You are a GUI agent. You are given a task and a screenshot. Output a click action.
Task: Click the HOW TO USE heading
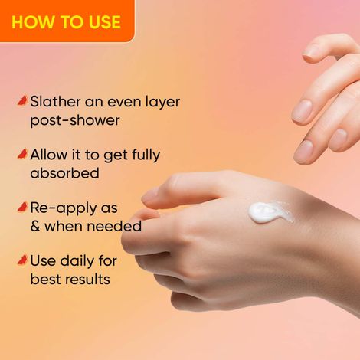[x=66, y=21]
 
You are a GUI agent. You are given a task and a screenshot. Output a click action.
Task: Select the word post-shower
[x=75, y=121]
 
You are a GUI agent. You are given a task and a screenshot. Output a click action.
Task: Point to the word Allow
[x=49, y=155]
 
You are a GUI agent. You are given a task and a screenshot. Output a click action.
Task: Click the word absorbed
[x=64, y=173]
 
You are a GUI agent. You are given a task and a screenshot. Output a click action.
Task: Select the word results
[x=86, y=279]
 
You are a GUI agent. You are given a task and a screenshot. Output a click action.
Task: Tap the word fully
[x=142, y=155]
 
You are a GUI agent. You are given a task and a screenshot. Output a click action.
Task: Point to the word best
[x=47, y=279]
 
